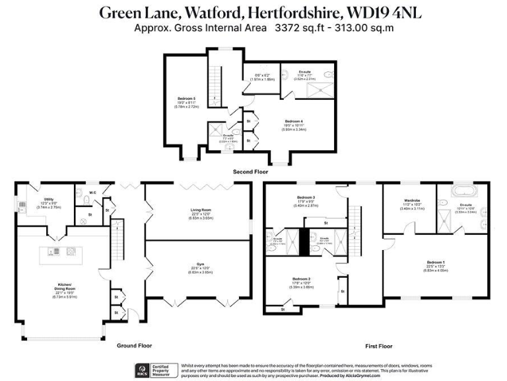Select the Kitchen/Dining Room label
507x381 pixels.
coord(62,286)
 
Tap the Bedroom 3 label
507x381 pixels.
coord(304,197)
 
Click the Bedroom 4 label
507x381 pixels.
coord(294,121)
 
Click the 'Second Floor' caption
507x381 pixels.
coord(250,171)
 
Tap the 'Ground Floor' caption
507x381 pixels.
coord(135,345)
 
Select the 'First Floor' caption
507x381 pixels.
coord(378,346)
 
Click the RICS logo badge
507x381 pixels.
coord(140,370)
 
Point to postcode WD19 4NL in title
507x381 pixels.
coord(372,12)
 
